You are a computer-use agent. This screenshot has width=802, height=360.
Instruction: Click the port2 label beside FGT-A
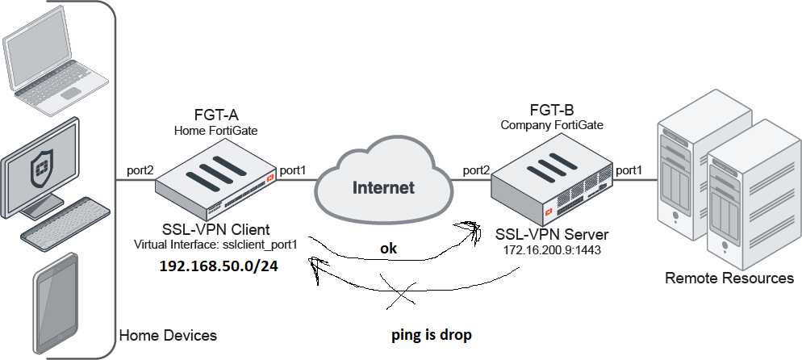[141, 171]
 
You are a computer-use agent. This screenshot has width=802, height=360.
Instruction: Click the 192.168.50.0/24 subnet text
[219, 266]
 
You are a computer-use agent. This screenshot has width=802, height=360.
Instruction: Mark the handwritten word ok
[389, 249]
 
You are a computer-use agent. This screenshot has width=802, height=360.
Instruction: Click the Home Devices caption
[168, 334]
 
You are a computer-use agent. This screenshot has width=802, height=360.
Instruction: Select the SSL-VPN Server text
[553, 235]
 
